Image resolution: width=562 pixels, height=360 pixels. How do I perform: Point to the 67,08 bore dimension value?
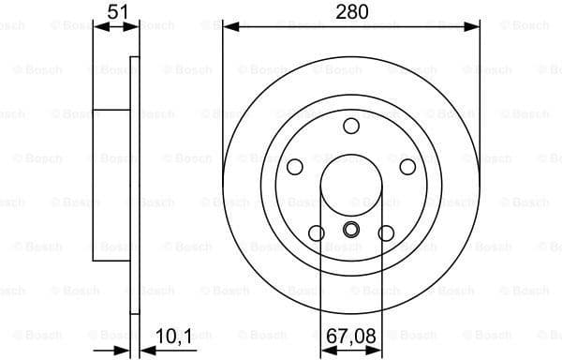[352, 334]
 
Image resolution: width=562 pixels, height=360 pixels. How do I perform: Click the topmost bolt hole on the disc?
[351, 126]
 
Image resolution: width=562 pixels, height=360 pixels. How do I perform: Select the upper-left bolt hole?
[295, 167]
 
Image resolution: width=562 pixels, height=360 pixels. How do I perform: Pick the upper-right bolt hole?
[407, 167]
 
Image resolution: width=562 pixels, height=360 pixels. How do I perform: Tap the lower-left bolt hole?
[317, 232]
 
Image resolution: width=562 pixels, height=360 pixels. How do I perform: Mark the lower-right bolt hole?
[386, 232]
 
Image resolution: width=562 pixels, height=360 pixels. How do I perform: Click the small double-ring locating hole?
[351, 231]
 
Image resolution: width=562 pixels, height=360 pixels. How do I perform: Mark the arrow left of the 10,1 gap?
[123, 351]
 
